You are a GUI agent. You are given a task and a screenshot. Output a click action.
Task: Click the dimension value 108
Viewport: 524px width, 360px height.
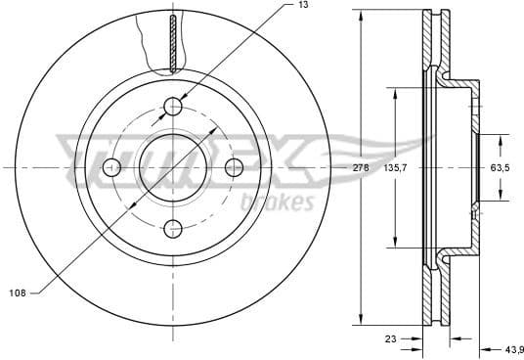(x=17, y=292)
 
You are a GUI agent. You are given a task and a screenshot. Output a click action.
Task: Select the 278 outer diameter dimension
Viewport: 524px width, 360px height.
(x=361, y=168)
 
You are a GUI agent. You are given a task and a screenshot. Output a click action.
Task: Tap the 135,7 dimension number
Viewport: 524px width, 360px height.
(x=395, y=168)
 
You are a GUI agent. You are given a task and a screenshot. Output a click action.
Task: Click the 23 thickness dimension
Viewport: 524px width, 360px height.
(x=390, y=341)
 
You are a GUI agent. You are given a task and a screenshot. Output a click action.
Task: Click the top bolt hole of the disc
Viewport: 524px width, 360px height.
(x=173, y=106)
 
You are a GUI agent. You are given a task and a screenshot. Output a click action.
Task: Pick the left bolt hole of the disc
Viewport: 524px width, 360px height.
(x=112, y=167)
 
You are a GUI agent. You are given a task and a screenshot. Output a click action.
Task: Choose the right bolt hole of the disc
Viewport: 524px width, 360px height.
(x=234, y=167)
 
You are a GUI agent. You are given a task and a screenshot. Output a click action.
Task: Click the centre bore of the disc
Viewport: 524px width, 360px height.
(x=173, y=167)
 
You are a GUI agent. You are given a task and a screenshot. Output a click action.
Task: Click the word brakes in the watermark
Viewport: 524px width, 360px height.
(x=277, y=202)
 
